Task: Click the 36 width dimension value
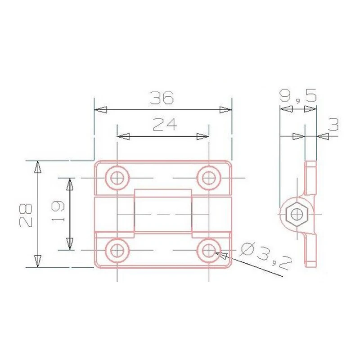(x=162, y=98)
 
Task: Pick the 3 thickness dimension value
(x=333, y=125)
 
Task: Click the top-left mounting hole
(x=117, y=178)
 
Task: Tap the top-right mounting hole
(x=208, y=178)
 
